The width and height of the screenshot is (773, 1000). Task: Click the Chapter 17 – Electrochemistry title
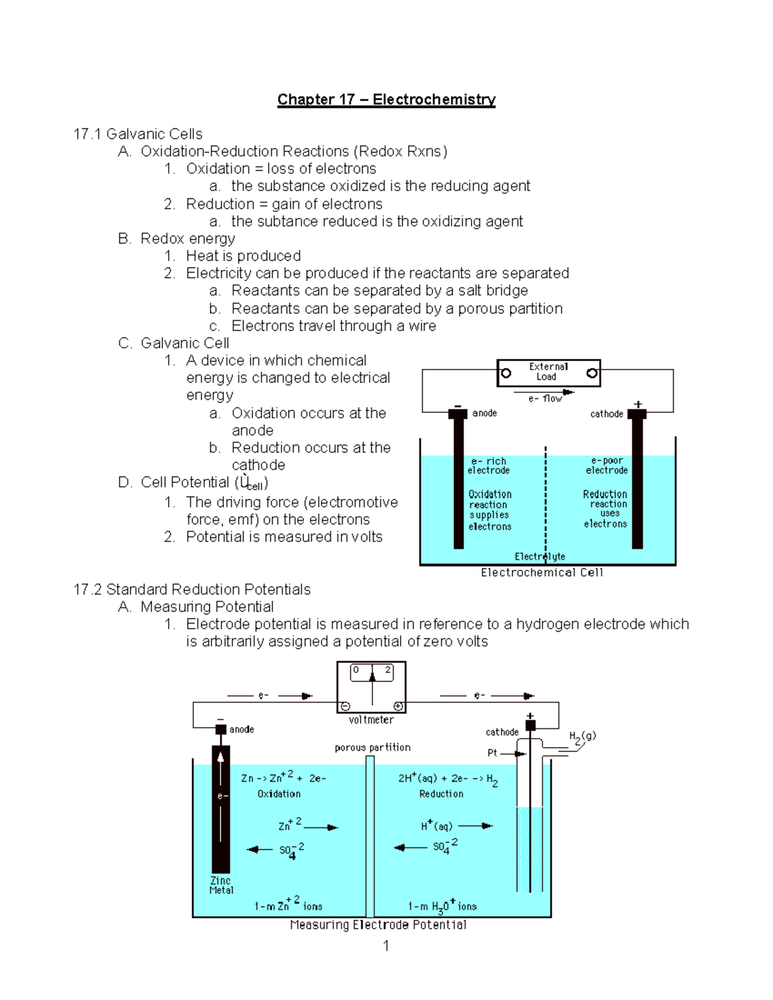(x=386, y=99)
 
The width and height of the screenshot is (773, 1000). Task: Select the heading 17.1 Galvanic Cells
(x=138, y=134)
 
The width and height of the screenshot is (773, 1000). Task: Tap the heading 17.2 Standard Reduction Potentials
(x=192, y=589)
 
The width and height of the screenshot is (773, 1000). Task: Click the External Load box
(x=548, y=373)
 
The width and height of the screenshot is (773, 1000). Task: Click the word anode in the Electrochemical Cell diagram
(x=484, y=413)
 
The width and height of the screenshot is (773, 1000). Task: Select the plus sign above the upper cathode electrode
(x=638, y=404)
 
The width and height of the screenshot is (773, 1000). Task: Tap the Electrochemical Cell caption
(x=542, y=572)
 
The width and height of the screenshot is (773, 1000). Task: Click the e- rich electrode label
(x=488, y=466)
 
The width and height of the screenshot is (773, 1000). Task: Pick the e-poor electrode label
(x=606, y=466)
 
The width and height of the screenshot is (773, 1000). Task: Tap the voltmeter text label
(x=371, y=720)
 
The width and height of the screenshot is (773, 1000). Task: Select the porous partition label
(x=372, y=748)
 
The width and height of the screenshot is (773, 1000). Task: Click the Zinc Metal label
(x=221, y=885)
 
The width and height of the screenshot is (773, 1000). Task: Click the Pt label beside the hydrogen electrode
(x=492, y=753)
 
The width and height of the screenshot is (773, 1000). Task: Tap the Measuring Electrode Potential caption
(x=378, y=925)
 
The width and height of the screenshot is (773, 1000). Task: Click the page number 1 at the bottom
(x=386, y=946)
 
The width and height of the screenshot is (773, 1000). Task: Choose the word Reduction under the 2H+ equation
(x=441, y=794)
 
